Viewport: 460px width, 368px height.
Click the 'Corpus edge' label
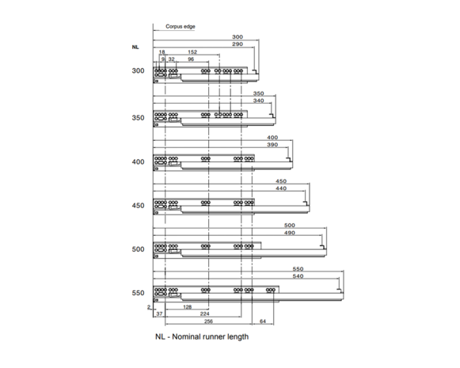coord(181,26)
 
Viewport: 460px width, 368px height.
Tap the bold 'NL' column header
coord(135,47)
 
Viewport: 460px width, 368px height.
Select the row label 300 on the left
coord(138,70)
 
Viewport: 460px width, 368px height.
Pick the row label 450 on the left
coord(138,206)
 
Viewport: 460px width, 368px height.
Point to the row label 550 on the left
coord(138,293)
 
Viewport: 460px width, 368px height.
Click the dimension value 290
coord(238,44)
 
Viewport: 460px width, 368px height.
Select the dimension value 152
coord(192,52)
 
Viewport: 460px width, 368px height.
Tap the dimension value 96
coord(191,59)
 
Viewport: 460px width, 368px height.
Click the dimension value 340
coord(258,101)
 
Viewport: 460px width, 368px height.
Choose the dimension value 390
coord(272,145)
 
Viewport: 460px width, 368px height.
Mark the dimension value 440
coord(281,188)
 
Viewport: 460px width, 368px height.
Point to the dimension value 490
coord(289,233)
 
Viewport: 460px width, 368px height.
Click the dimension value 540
coord(298,276)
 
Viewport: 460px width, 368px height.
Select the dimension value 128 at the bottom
coord(187,307)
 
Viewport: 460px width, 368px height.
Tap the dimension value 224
coord(204,313)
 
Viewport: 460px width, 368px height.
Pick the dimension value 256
coord(208,321)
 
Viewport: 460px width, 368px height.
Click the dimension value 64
coord(263,321)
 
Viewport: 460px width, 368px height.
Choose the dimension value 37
coord(159,313)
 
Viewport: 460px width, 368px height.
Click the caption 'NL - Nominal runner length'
coord(202,336)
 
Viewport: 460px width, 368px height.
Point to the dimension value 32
coord(171,59)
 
